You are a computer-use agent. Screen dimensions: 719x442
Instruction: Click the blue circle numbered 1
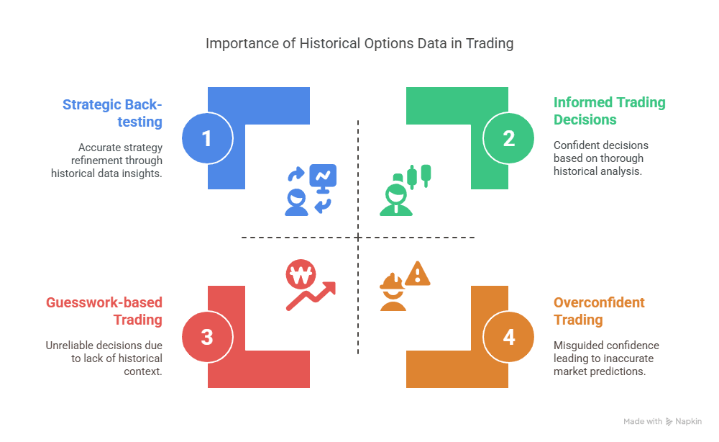coord(207,138)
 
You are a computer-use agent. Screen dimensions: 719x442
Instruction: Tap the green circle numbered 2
coord(508,138)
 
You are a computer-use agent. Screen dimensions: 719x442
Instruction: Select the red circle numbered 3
coord(207,337)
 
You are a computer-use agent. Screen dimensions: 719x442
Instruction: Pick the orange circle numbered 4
coord(508,337)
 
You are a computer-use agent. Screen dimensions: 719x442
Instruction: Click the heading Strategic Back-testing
coord(112,113)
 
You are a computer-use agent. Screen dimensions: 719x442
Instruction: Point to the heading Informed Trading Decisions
coord(610,111)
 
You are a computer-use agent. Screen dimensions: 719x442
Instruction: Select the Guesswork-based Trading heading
coord(104,311)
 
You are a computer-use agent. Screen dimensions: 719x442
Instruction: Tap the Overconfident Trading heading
coord(599,311)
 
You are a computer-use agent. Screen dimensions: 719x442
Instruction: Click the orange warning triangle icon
coord(418,274)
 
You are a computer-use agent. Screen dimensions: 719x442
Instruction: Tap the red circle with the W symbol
coord(301,274)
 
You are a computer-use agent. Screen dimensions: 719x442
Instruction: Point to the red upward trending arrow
coord(311,296)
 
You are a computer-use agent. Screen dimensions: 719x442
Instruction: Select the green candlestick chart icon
coord(418,176)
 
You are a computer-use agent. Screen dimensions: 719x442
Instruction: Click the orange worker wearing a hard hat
coord(393,292)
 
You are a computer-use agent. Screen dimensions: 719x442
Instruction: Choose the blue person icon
coord(297,202)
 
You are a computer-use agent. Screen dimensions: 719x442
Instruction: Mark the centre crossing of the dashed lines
coord(358,238)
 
